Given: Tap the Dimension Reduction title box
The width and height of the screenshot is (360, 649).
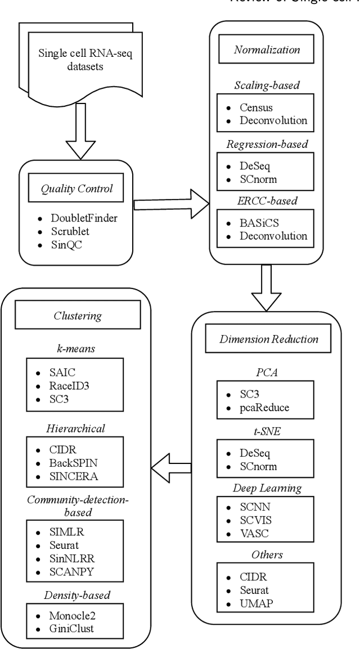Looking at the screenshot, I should point(269,339).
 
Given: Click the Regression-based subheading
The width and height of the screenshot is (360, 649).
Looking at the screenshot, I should point(267,145).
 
